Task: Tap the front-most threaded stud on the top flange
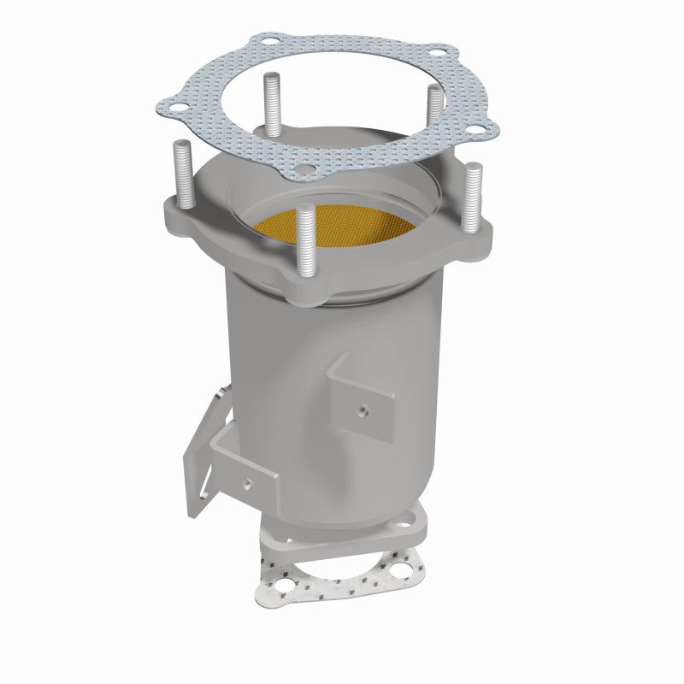(306, 243)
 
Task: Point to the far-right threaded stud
(473, 196)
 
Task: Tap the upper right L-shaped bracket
(363, 398)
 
